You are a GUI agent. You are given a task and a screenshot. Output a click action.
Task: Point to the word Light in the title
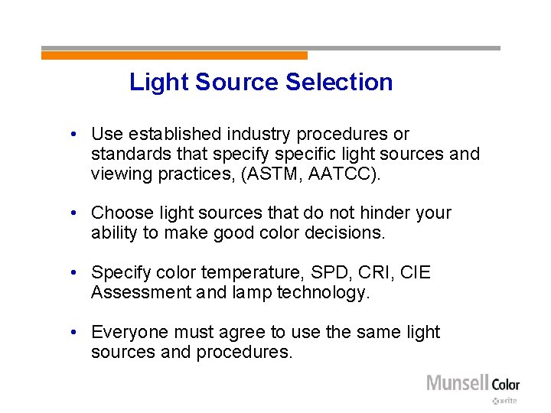159,82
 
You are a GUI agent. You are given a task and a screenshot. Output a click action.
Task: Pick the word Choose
119,213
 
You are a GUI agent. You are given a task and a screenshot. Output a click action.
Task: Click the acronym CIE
413,272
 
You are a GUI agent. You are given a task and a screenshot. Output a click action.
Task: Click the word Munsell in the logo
457,382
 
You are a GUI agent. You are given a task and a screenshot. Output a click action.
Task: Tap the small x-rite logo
505,401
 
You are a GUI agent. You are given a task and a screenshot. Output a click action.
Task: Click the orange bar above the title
174,55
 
